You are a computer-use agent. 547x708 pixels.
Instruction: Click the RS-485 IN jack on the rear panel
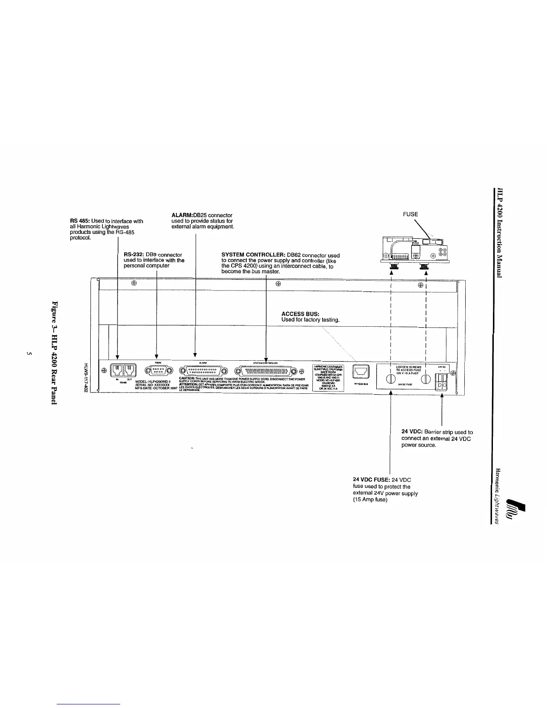coord(117,371)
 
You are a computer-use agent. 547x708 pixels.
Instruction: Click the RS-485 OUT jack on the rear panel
coord(130,371)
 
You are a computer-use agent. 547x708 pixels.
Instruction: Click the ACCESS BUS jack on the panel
coord(360,371)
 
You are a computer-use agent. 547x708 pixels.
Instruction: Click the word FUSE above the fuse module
coord(410,215)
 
